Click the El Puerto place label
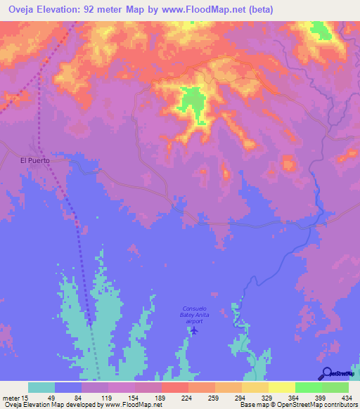point(33,160)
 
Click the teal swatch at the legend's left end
point(41,387)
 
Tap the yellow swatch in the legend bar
point(281,387)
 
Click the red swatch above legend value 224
point(174,387)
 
